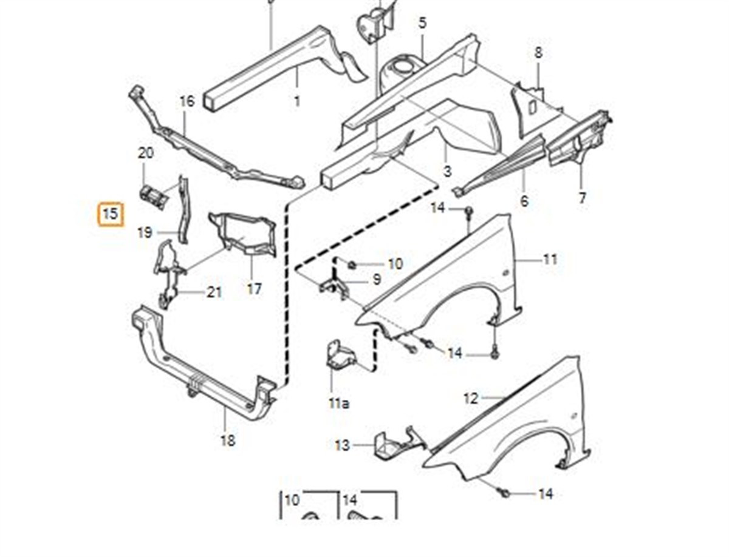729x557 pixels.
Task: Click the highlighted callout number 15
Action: click(111, 214)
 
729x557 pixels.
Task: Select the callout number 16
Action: click(187, 101)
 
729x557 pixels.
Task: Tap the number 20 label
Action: click(146, 154)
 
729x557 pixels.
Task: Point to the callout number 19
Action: click(145, 232)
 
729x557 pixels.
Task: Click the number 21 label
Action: click(214, 292)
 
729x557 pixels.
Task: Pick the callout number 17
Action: click(254, 289)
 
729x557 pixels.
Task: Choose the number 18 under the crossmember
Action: click(228, 441)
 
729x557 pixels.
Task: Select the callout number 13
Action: click(343, 446)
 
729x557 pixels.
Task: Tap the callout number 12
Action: click(471, 399)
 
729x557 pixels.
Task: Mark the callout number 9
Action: click(377, 280)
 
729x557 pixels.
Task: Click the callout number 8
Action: click(538, 53)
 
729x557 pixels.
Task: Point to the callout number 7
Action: click(583, 198)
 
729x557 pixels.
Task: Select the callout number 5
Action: click(423, 23)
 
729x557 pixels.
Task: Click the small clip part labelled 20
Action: click(153, 196)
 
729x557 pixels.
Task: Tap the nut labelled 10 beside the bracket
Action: click(352, 264)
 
